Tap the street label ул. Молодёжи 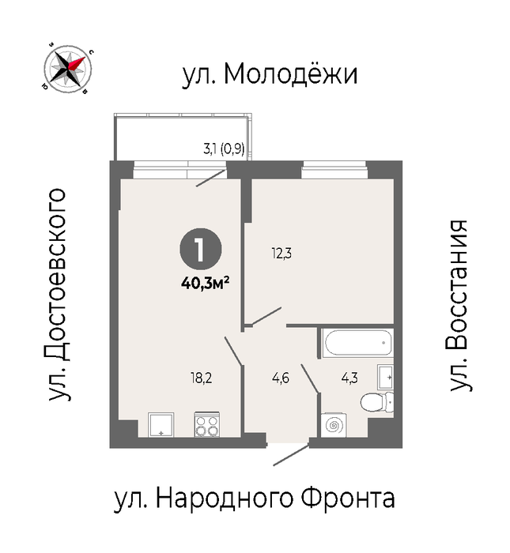click(270, 74)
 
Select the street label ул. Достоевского click(58, 295)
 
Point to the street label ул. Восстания click(458, 306)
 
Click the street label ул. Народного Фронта click(254, 498)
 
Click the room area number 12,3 click(281, 254)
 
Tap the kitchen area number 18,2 click(201, 378)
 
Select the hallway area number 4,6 click(281, 378)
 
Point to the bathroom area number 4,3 click(349, 378)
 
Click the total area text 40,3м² click(206, 283)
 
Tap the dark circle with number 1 click(201, 249)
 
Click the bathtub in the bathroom click(358, 342)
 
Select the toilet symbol click(377, 402)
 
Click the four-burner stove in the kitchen click(207, 425)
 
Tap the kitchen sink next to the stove click(161, 425)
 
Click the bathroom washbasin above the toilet click(385, 378)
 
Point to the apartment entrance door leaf click(292, 455)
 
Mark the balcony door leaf click(211, 178)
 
